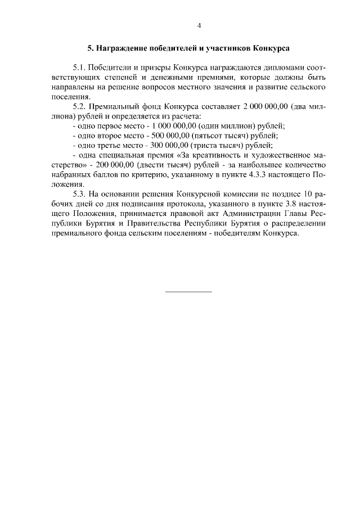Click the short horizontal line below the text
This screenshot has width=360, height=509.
click(x=188, y=291)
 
